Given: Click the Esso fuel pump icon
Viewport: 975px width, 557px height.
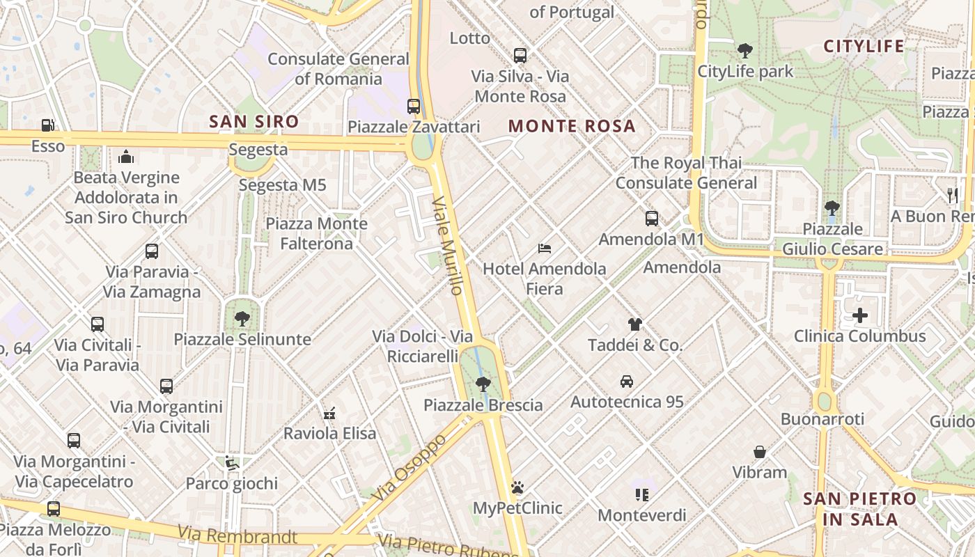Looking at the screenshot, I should coord(47,125).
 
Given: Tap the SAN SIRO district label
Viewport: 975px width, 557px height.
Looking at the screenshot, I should coord(254,122).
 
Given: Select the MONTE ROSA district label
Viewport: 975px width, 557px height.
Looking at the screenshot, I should coord(572,126).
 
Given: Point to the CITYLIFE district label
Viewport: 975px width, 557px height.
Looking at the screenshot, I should coord(864,47).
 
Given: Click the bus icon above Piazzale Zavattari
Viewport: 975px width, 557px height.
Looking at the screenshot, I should coord(414,107).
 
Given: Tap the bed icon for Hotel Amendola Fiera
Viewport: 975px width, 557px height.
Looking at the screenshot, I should coord(545,249).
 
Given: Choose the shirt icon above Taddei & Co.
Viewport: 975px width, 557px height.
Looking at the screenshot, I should coord(634,324).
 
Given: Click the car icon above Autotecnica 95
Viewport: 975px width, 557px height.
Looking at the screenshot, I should coord(626,382).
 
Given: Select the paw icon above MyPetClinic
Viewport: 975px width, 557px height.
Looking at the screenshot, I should coord(517,487).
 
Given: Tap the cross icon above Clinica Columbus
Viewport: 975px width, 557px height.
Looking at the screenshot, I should coord(860,315).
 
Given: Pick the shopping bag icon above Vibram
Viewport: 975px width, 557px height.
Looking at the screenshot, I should coord(760,452).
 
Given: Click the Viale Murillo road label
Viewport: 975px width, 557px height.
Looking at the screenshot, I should coord(448,245).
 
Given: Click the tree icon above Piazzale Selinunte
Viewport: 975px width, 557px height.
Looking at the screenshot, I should coord(242,319).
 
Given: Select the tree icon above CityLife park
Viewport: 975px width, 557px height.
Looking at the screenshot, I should coord(745,50).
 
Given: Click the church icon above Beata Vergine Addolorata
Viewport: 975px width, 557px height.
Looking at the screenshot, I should coord(126,157).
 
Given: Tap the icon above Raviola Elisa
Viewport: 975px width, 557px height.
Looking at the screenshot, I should coord(329,413).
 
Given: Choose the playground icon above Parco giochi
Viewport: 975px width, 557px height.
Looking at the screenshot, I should coord(232,463).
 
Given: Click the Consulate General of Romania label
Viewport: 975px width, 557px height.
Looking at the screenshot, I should coord(338,68).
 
